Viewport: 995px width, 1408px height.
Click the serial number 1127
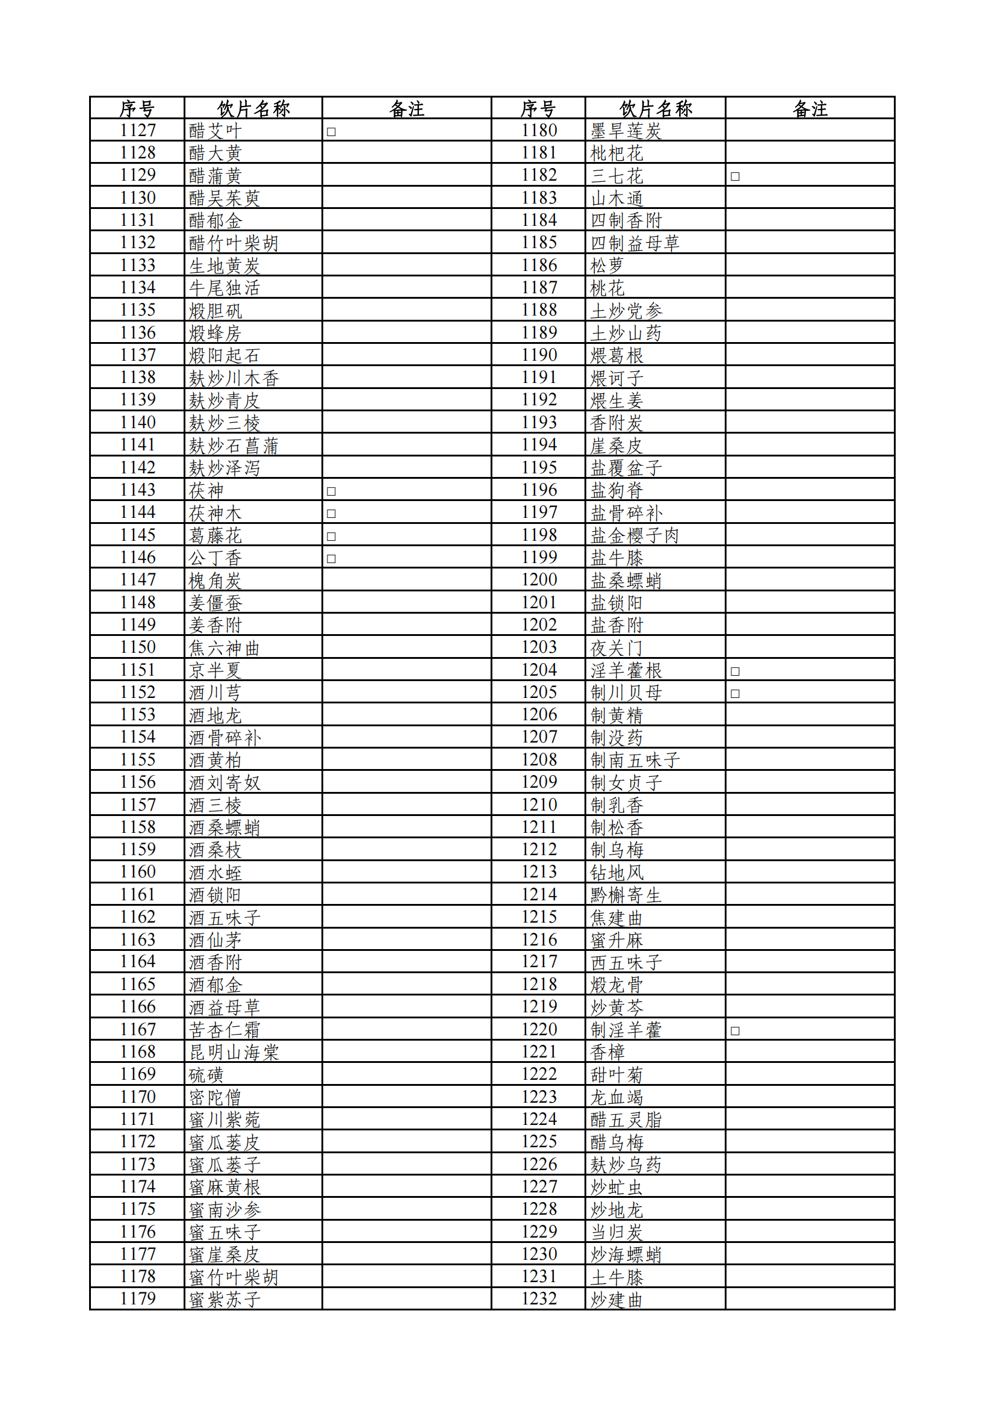click(x=138, y=131)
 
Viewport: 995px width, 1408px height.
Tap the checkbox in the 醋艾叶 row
click(x=331, y=132)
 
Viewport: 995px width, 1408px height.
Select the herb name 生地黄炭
click(x=225, y=266)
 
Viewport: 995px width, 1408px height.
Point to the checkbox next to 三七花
click(x=735, y=176)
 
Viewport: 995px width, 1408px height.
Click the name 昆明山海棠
click(x=234, y=1052)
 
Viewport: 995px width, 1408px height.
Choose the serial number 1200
click(x=539, y=580)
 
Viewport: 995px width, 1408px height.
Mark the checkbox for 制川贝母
click(x=735, y=694)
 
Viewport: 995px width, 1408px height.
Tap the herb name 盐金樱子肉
click(x=634, y=535)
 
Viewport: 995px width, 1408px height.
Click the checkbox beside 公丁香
click(x=331, y=559)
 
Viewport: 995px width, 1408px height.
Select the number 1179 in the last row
click(x=138, y=1299)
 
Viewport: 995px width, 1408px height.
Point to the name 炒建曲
click(x=616, y=1300)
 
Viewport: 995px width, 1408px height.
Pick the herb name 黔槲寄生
click(x=625, y=896)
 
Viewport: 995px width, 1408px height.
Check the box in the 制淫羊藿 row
click(x=735, y=1031)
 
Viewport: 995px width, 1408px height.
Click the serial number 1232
click(x=539, y=1299)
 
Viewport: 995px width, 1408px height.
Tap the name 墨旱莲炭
click(x=625, y=131)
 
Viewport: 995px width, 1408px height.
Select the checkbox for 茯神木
click(x=331, y=514)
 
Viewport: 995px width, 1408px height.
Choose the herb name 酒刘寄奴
click(x=225, y=783)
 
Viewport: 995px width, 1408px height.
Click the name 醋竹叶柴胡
click(x=234, y=243)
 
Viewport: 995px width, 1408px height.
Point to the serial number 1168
click(x=138, y=1051)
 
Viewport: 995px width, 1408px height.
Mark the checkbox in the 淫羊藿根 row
click(x=735, y=671)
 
